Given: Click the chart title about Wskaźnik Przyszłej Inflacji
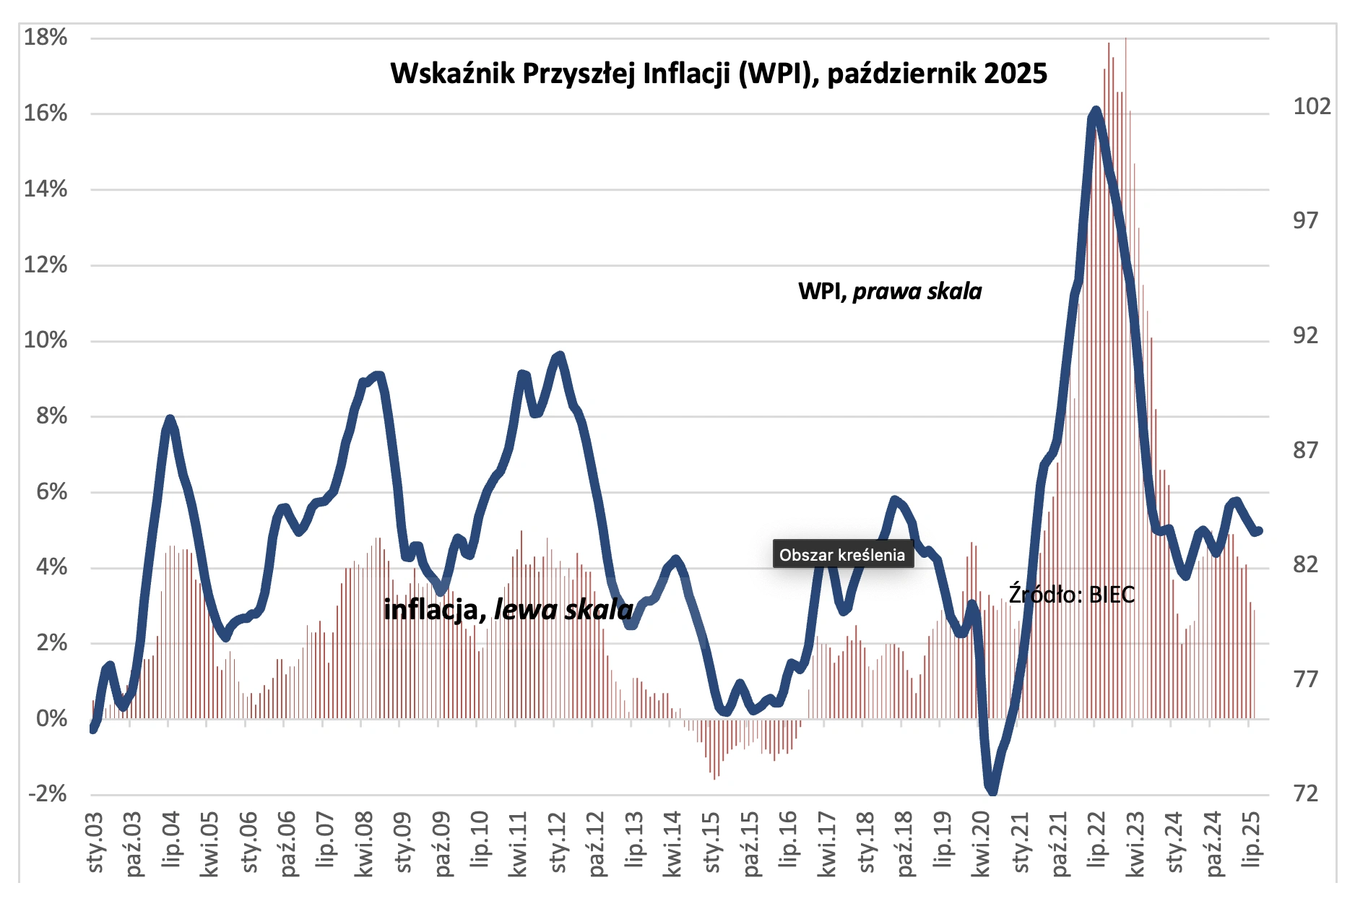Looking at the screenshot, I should (718, 74).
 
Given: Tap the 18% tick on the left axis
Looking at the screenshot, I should (46, 38).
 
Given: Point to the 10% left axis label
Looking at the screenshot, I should (46, 340).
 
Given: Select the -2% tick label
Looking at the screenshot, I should (48, 794).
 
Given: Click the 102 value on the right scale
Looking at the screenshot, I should (1311, 107).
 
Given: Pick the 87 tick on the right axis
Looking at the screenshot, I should (1306, 450).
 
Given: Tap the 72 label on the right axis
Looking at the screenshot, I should (1306, 794).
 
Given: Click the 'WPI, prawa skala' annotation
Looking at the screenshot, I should (889, 291).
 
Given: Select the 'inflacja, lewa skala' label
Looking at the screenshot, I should (508, 610).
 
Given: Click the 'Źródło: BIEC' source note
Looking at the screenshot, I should (1071, 595).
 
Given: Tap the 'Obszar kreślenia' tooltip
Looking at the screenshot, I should (842, 554).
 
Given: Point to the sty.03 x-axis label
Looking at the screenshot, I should (95, 843).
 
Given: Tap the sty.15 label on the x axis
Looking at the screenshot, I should (713, 843).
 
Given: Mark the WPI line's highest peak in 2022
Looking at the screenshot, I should (1096, 111).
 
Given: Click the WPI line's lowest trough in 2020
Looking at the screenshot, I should (992, 790).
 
